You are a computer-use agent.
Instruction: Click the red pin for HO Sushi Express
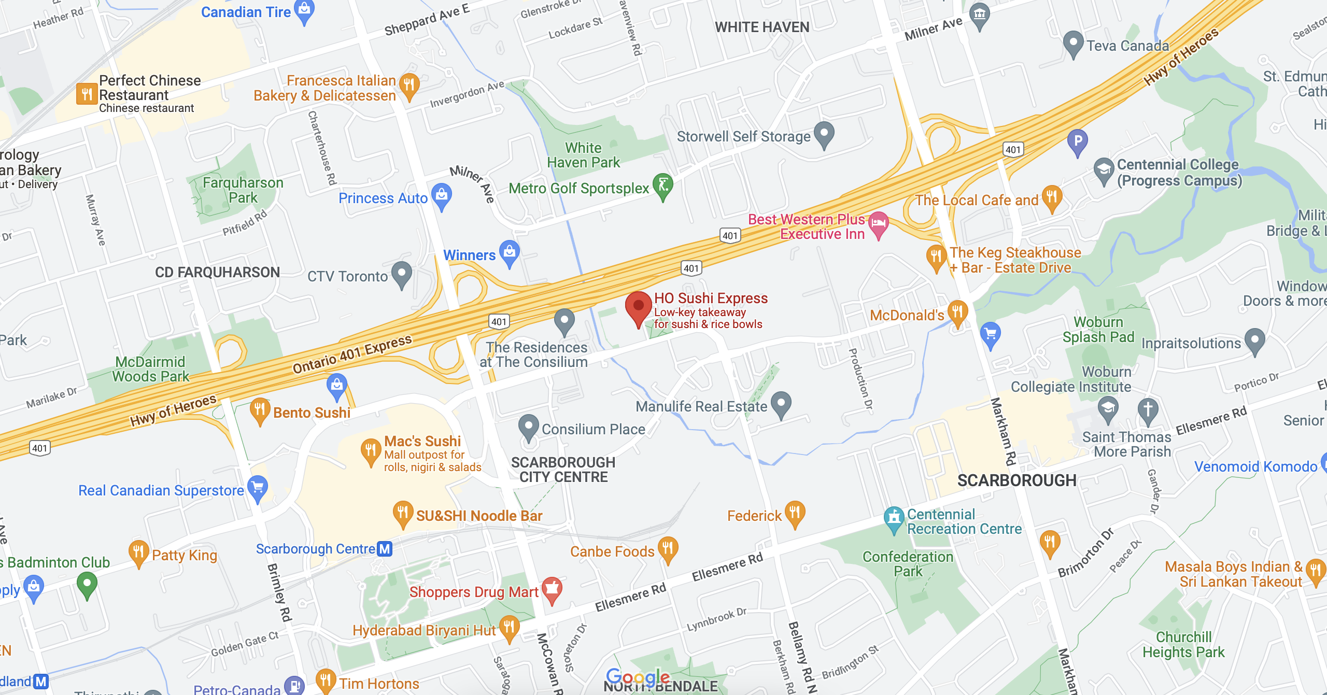point(638,306)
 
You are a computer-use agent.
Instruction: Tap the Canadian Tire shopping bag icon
point(304,10)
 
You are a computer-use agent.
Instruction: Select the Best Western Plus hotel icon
point(878,224)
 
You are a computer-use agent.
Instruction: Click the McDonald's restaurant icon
point(957,312)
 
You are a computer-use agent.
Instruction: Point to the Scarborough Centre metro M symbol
point(385,549)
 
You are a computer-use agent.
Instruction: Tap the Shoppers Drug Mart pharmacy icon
point(552,589)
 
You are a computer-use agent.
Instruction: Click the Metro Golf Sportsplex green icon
point(663,185)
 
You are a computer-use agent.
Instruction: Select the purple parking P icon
point(1078,140)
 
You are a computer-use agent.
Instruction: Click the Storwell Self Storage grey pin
point(824,134)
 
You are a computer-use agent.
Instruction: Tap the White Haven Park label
point(583,155)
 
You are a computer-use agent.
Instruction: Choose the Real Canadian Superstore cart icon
point(258,487)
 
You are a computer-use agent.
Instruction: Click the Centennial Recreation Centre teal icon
point(894,518)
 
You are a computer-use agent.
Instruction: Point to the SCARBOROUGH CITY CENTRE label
point(563,470)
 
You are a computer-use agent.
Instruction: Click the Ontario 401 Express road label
point(352,354)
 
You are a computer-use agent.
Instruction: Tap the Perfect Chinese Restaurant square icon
point(87,94)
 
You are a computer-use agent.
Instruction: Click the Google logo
point(638,676)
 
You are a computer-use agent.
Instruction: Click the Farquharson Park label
point(243,190)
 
